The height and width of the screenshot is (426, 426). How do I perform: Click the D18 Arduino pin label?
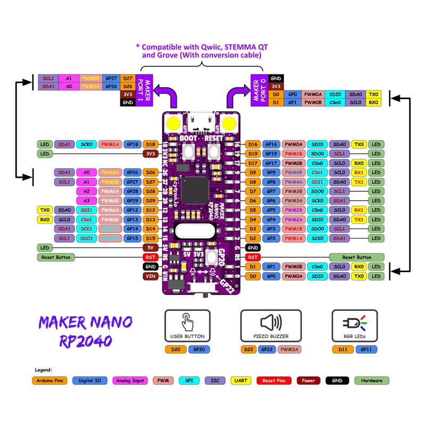tap(151, 144)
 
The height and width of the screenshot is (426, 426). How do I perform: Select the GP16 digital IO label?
tap(272, 144)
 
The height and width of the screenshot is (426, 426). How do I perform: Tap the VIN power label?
tap(151, 276)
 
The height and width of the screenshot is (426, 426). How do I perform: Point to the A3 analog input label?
tap(86, 201)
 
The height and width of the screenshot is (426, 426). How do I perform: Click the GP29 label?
tap(133, 201)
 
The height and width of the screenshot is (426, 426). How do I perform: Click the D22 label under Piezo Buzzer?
tap(249, 350)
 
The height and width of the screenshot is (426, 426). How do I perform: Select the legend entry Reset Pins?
tap(274, 381)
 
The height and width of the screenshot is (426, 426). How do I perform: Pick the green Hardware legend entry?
tap(372, 381)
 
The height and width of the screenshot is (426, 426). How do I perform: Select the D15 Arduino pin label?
tap(151, 238)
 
